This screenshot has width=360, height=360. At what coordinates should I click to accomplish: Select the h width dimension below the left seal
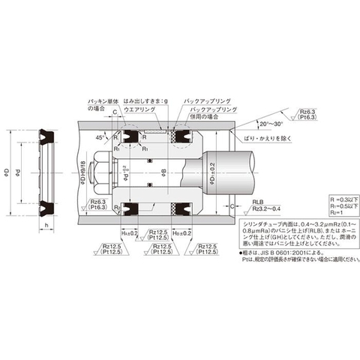tap(47, 225)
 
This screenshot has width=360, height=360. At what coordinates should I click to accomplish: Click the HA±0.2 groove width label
tap(128, 233)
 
